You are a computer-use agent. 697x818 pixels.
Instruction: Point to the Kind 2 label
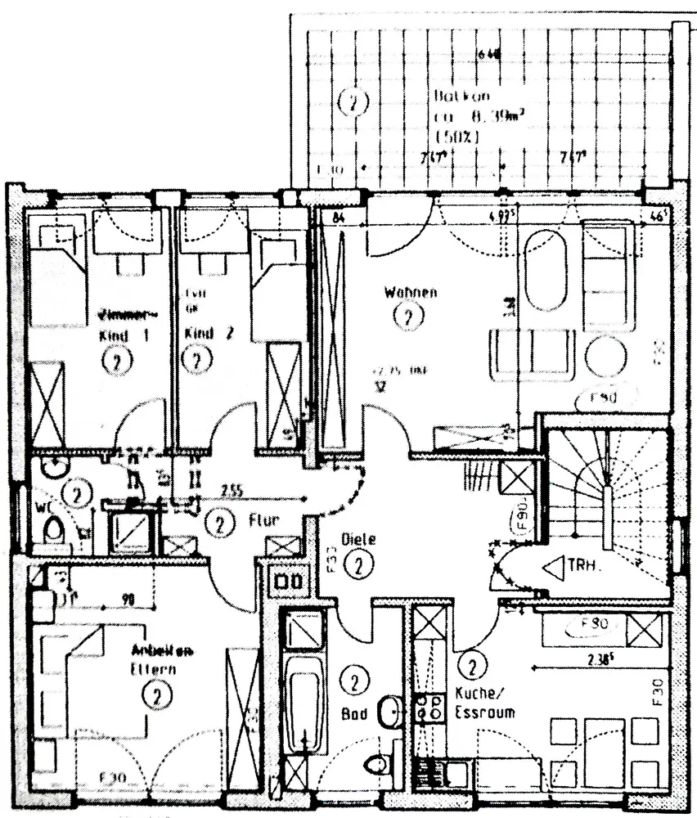tap(199, 334)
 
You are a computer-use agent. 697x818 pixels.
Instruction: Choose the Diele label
tap(359, 540)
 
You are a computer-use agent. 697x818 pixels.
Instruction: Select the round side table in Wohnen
tap(605, 354)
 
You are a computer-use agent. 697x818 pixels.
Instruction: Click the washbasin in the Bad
tap(391, 712)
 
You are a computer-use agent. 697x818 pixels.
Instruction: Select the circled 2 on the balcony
tap(353, 103)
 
